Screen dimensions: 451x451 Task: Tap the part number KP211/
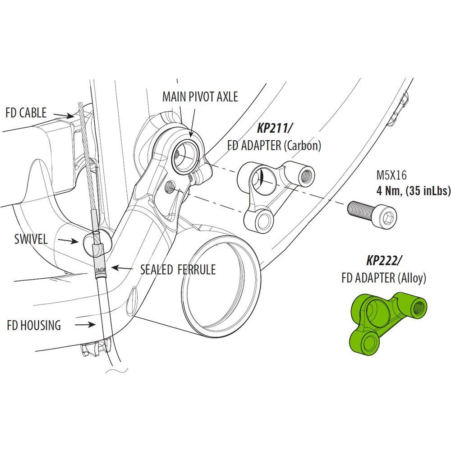click(274, 128)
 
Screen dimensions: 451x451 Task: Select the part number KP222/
click(384, 260)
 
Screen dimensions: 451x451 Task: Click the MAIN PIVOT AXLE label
click(200, 97)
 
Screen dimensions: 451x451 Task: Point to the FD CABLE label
click(26, 112)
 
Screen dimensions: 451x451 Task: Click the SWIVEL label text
click(31, 239)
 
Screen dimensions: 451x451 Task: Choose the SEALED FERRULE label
click(178, 270)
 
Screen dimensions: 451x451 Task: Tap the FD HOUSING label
click(34, 325)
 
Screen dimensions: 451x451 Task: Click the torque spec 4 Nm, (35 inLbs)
click(413, 191)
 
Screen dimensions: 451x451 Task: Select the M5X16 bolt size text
click(391, 175)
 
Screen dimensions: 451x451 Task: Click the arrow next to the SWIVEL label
click(68, 240)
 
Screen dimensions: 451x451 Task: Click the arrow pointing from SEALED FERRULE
click(122, 268)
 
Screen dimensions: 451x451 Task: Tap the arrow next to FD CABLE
click(64, 115)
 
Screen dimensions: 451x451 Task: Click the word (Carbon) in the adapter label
click(302, 146)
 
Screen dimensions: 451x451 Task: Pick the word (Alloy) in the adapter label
click(412, 278)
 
